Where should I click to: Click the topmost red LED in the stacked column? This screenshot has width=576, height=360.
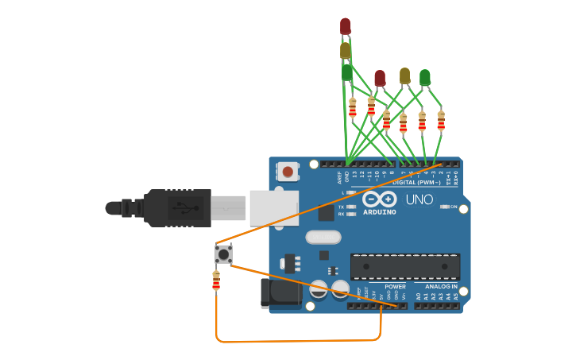point(345,26)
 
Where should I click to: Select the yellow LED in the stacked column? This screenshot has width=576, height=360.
point(345,51)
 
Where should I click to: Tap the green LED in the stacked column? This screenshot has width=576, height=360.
point(346,73)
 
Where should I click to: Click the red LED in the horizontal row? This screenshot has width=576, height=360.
point(380,78)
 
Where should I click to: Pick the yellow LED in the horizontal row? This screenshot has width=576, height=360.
point(404,75)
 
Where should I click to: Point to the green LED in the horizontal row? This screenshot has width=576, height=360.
point(425,77)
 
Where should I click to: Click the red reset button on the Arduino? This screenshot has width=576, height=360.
point(288,171)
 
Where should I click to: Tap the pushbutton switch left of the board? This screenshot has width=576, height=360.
point(223,254)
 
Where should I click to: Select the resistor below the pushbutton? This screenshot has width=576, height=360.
point(215,281)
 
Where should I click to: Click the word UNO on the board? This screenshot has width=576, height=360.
point(419,199)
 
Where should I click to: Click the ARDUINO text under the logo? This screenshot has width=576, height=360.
point(380,212)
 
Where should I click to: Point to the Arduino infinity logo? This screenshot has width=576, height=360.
point(380,199)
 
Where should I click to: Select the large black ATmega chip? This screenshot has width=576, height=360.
point(405,266)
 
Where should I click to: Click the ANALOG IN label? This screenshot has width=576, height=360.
point(441,287)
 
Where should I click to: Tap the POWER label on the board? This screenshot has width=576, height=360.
point(395,287)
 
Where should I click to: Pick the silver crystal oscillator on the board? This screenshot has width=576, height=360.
point(323,237)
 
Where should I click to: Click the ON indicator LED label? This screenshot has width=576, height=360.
point(454,207)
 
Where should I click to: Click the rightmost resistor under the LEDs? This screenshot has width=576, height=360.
point(440,120)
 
